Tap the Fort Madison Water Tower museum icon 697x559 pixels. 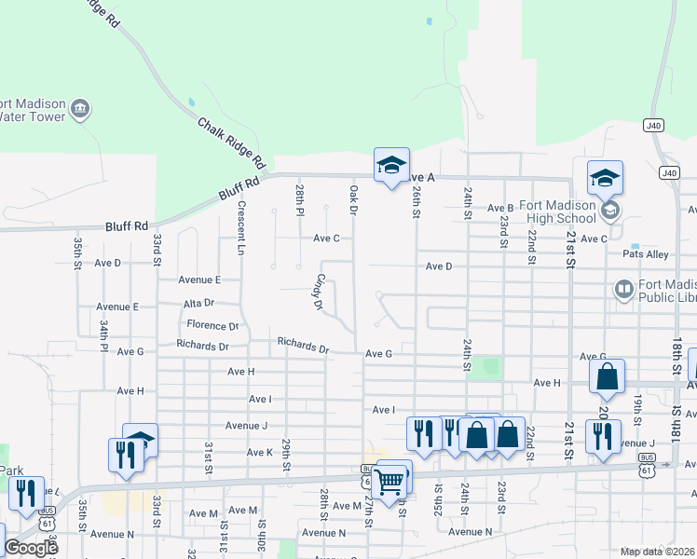[81, 110]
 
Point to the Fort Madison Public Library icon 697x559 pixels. [623, 291]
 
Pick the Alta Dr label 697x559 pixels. [198, 303]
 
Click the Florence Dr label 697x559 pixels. [212, 325]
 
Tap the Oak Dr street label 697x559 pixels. [354, 199]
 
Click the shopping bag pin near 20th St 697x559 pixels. [607, 376]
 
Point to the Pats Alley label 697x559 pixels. [646, 253]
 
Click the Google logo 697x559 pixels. [30, 548]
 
